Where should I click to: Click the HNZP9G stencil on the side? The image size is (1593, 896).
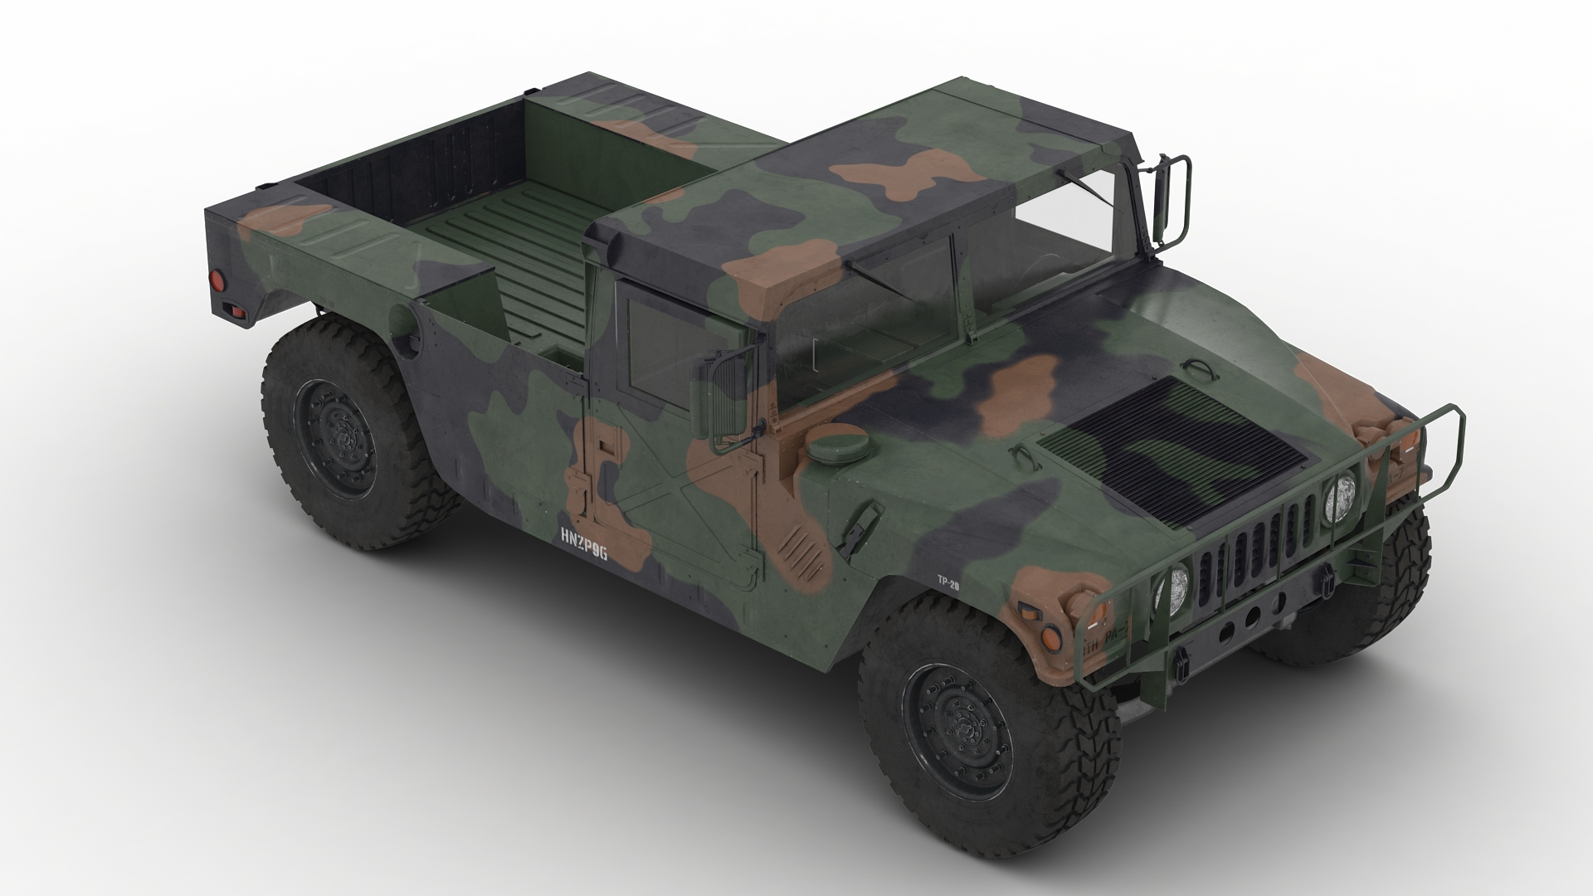click(x=583, y=555)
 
